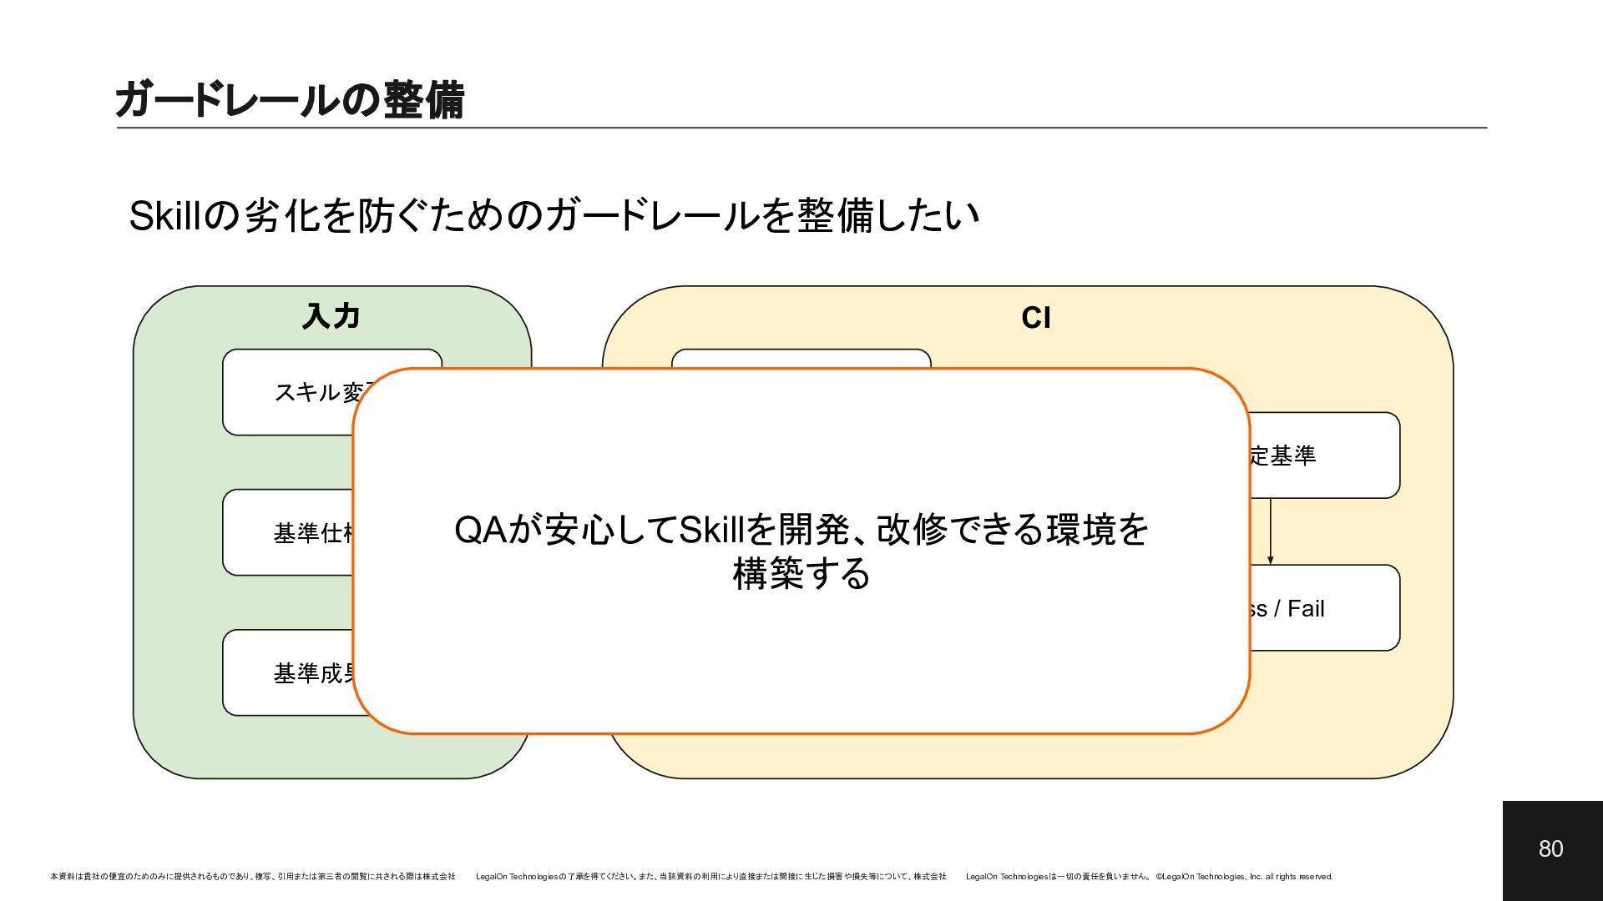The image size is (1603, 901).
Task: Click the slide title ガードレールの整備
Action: (289, 100)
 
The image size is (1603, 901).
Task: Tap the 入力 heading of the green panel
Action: (331, 317)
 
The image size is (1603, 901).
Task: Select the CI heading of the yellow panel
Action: (1035, 318)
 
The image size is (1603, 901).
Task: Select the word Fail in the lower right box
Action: (1307, 609)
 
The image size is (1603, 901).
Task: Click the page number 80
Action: (1550, 849)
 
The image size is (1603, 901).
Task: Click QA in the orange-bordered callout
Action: (480, 530)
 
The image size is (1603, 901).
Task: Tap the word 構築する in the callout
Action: (801, 575)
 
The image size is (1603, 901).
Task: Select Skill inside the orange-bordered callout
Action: (711, 530)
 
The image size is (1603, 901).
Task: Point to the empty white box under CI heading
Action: (801, 359)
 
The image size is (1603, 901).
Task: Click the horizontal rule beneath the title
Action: (801, 128)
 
